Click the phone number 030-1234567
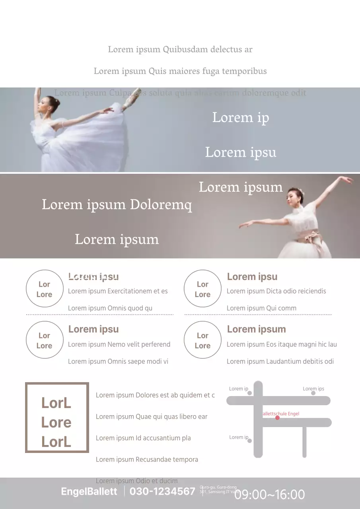click(162, 492)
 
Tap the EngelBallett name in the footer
click(89, 492)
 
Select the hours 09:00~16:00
click(269, 495)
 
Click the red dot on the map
click(277, 418)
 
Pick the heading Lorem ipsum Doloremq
click(117, 205)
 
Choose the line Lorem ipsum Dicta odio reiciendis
click(276, 291)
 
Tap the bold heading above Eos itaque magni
click(256, 329)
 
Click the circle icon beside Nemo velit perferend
click(45, 340)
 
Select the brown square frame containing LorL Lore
click(57, 418)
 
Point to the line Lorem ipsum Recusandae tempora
click(147, 459)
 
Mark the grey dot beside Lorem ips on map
click(313, 393)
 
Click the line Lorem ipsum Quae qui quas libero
click(152, 417)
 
